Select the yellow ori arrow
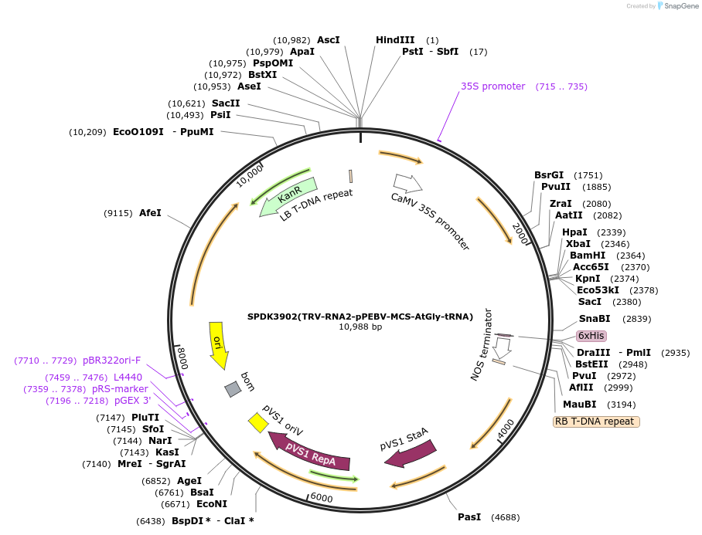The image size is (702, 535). click(x=218, y=346)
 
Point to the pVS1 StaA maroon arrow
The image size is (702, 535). click(x=410, y=454)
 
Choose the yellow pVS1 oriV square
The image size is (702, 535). click(x=257, y=422)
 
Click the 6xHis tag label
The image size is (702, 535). click(x=591, y=336)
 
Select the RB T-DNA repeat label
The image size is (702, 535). click(x=596, y=422)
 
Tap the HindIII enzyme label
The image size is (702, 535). click(x=395, y=39)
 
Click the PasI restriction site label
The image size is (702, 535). click(x=469, y=516)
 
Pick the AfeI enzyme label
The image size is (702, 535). click(x=150, y=212)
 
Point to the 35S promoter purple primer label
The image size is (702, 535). click(x=493, y=86)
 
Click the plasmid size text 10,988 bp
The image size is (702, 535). click(x=360, y=327)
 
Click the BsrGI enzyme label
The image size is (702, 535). click(x=549, y=175)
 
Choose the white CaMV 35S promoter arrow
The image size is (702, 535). click(x=407, y=183)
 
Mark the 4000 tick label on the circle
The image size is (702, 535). click(x=505, y=427)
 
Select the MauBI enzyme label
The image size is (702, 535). click(x=579, y=404)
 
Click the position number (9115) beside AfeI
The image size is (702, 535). click(x=118, y=212)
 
